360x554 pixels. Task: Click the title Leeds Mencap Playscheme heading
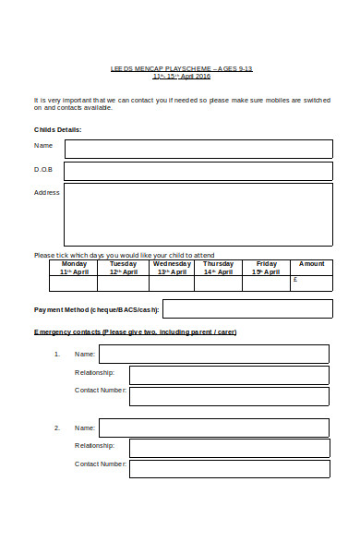181,68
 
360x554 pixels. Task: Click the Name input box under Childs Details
198,149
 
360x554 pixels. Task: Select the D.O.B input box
198,171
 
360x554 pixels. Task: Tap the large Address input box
198,214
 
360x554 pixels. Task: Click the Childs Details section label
58,129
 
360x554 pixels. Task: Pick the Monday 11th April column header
75,268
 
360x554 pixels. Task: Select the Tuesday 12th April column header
124,268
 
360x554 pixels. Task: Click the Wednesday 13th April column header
172,268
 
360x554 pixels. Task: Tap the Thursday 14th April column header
219,268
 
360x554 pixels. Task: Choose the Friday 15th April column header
266,268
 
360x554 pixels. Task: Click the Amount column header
312,264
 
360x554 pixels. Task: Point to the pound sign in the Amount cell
295,279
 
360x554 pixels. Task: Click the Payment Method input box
247,308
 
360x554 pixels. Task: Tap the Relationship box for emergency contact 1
228,375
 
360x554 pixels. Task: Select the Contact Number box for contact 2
228,468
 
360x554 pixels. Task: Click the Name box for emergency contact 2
213,428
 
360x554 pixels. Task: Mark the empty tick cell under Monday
75,283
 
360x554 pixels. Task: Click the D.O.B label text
43,170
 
